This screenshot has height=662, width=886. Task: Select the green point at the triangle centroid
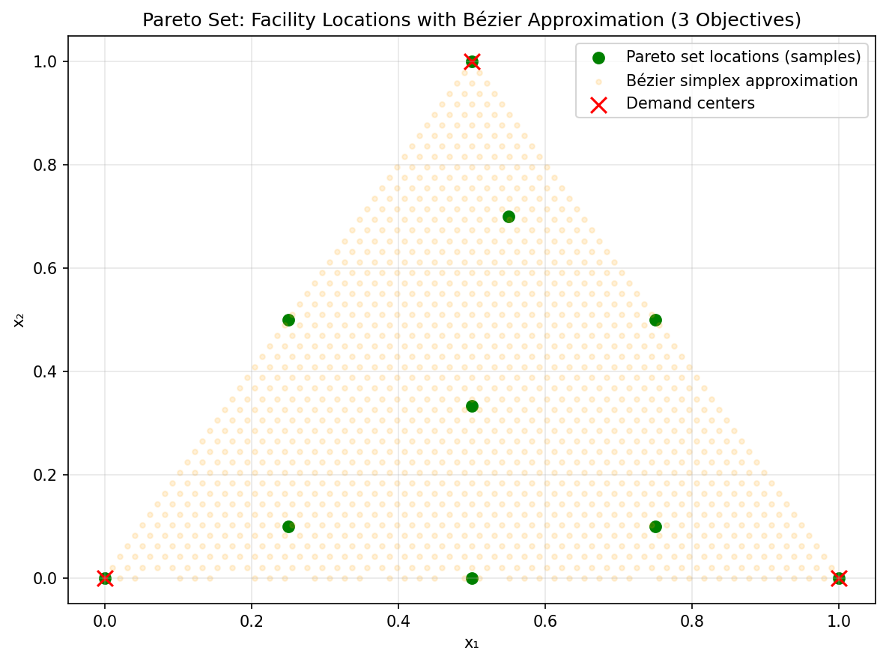(x=472, y=406)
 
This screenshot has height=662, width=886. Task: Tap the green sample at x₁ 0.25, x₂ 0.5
(x=288, y=320)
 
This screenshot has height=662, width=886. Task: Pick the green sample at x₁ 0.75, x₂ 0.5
(x=655, y=320)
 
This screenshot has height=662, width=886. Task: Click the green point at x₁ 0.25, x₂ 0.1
(x=288, y=526)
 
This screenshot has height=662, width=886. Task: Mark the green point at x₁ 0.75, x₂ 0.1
(x=655, y=526)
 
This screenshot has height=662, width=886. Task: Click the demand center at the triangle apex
(x=472, y=61)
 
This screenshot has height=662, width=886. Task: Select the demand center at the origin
(x=105, y=578)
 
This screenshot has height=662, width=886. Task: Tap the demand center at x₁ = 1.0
(x=839, y=578)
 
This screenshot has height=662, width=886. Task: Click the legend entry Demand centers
(x=690, y=104)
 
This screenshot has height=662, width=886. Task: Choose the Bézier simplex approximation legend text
(x=741, y=80)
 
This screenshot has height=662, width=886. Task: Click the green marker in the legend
(x=598, y=56)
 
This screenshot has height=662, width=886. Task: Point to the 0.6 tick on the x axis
(x=545, y=621)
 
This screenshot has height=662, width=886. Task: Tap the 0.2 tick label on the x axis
(x=252, y=621)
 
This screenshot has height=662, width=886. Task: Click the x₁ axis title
(x=471, y=643)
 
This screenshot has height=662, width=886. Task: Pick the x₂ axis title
(x=19, y=320)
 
